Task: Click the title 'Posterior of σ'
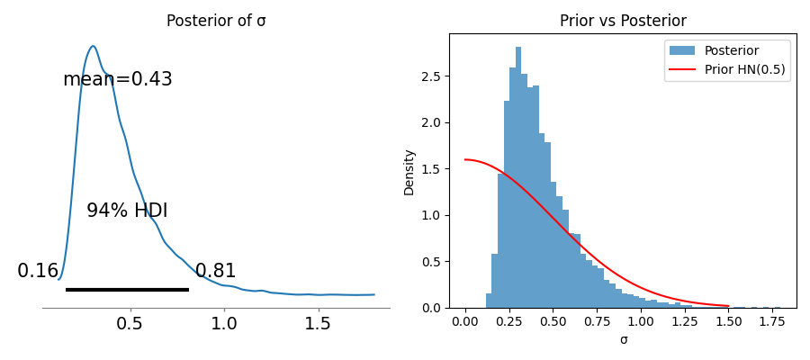[216, 21]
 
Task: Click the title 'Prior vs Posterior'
[623, 21]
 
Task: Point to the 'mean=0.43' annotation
[117, 79]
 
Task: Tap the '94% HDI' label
[127, 211]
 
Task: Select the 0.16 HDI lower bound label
[38, 271]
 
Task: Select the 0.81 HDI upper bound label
[215, 271]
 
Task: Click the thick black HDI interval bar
[127, 290]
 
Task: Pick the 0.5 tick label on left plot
[130, 324]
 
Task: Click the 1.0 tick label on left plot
[224, 324]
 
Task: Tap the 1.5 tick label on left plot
[318, 324]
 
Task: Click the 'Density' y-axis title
[409, 172]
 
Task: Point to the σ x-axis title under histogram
[623, 340]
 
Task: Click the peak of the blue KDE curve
[93, 46]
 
